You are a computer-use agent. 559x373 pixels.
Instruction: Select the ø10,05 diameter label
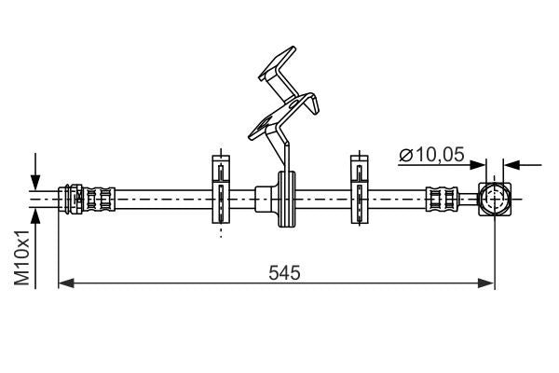431,156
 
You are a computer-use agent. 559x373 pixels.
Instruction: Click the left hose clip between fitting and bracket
219,192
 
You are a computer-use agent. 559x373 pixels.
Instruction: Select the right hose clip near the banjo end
358,192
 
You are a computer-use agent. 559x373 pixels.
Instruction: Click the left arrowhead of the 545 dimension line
64,282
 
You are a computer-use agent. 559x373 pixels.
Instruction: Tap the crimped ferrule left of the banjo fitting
442,199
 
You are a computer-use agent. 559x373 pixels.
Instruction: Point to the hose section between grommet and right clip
321,198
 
